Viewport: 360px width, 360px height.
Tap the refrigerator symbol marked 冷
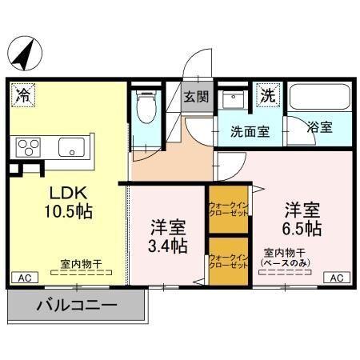(x=23, y=95)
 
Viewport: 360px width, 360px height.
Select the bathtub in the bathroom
(x=318, y=98)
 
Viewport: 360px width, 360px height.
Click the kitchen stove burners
(x=30, y=147)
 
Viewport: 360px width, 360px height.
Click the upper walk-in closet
(x=228, y=210)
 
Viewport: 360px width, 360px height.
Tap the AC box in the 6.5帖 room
(x=337, y=278)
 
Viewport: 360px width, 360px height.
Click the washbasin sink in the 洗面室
(x=234, y=100)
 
